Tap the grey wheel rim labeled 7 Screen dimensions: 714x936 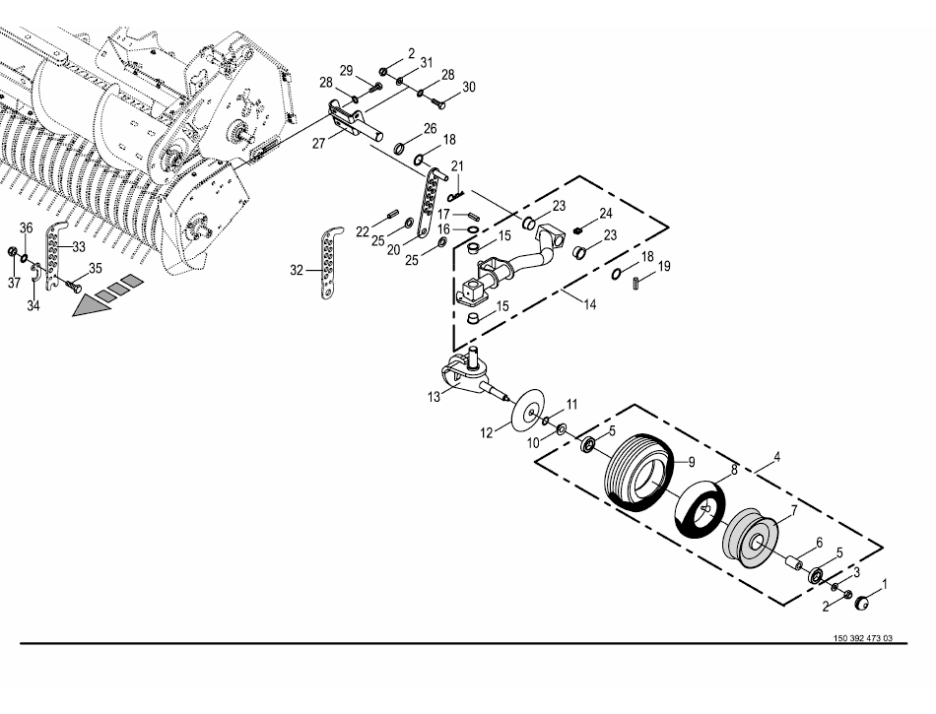(x=752, y=538)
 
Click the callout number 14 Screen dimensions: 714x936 (x=589, y=305)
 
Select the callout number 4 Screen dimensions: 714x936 (x=777, y=457)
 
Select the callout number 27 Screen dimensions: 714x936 (x=319, y=143)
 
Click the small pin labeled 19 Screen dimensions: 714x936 (x=636, y=283)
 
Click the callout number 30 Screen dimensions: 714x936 (x=468, y=88)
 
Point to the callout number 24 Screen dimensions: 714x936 (x=605, y=213)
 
